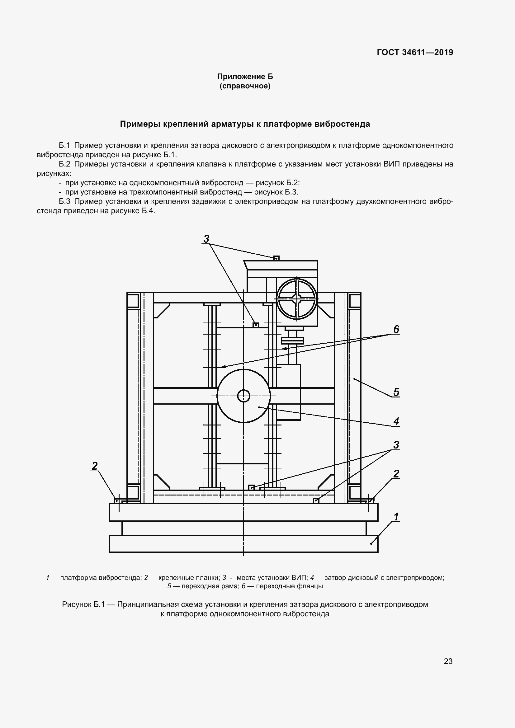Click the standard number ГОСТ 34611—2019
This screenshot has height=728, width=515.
(x=415, y=52)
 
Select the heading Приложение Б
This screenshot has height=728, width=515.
(x=245, y=77)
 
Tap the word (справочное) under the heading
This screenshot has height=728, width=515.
(x=245, y=86)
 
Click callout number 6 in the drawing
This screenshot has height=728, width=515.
(x=396, y=330)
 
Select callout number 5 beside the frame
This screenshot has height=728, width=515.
(x=396, y=392)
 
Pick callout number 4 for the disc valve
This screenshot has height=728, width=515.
(x=396, y=421)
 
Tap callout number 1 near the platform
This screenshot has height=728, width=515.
(x=396, y=517)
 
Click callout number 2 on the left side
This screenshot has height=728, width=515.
(x=95, y=466)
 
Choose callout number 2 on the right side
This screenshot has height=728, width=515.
(x=396, y=474)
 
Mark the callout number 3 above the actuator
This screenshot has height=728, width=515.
(x=206, y=239)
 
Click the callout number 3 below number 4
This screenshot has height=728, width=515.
(x=396, y=445)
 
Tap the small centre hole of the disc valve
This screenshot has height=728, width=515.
(x=243, y=396)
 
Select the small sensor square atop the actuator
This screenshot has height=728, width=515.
(x=276, y=258)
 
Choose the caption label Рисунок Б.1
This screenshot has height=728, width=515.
(x=83, y=604)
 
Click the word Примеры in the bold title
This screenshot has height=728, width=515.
(x=140, y=124)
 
